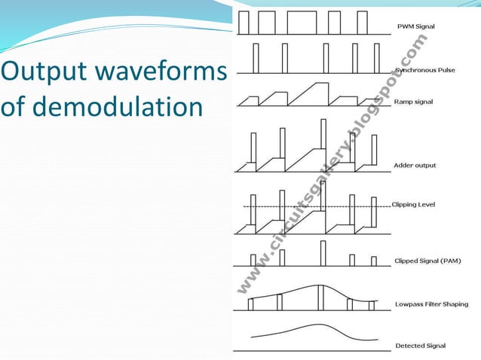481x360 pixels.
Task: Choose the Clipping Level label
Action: pyautogui.click(x=413, y=205)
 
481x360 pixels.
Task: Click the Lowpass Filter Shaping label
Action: pyautogui.click(x=431, y=304)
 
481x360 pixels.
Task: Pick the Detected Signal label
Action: pyautogui.click(x=421, y=346)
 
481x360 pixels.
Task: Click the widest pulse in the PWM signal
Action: pyautogui.click(x=302, y=23)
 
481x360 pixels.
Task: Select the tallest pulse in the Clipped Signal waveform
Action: pyautogui.click(x=323, y=253)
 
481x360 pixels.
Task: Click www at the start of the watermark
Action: pyautogui.click(x=248, y=278)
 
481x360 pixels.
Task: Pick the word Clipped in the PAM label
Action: pyautogui.click(x=409, y=261)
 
